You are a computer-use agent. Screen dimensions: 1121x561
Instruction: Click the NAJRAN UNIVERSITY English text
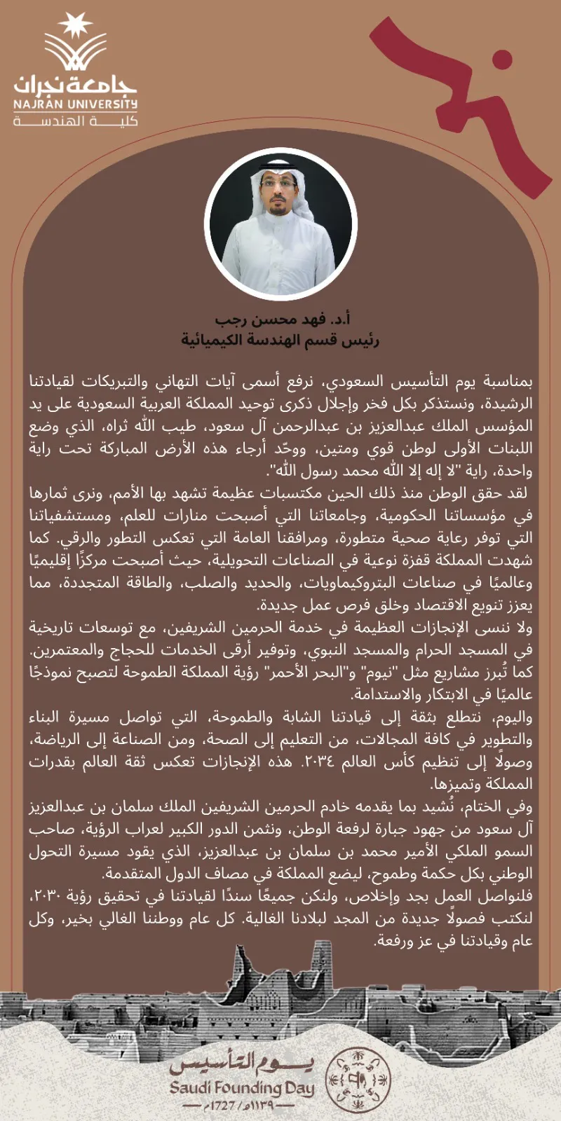[76, 104]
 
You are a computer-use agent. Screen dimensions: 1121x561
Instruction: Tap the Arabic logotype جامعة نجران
[76, 83]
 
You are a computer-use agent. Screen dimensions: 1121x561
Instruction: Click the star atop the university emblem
[75, 25]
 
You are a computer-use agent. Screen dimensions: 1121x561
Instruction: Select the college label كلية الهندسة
[76, 121]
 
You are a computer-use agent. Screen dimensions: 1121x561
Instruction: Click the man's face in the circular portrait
[278, 193]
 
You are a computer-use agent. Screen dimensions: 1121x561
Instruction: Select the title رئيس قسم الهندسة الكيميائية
[280, 341]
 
